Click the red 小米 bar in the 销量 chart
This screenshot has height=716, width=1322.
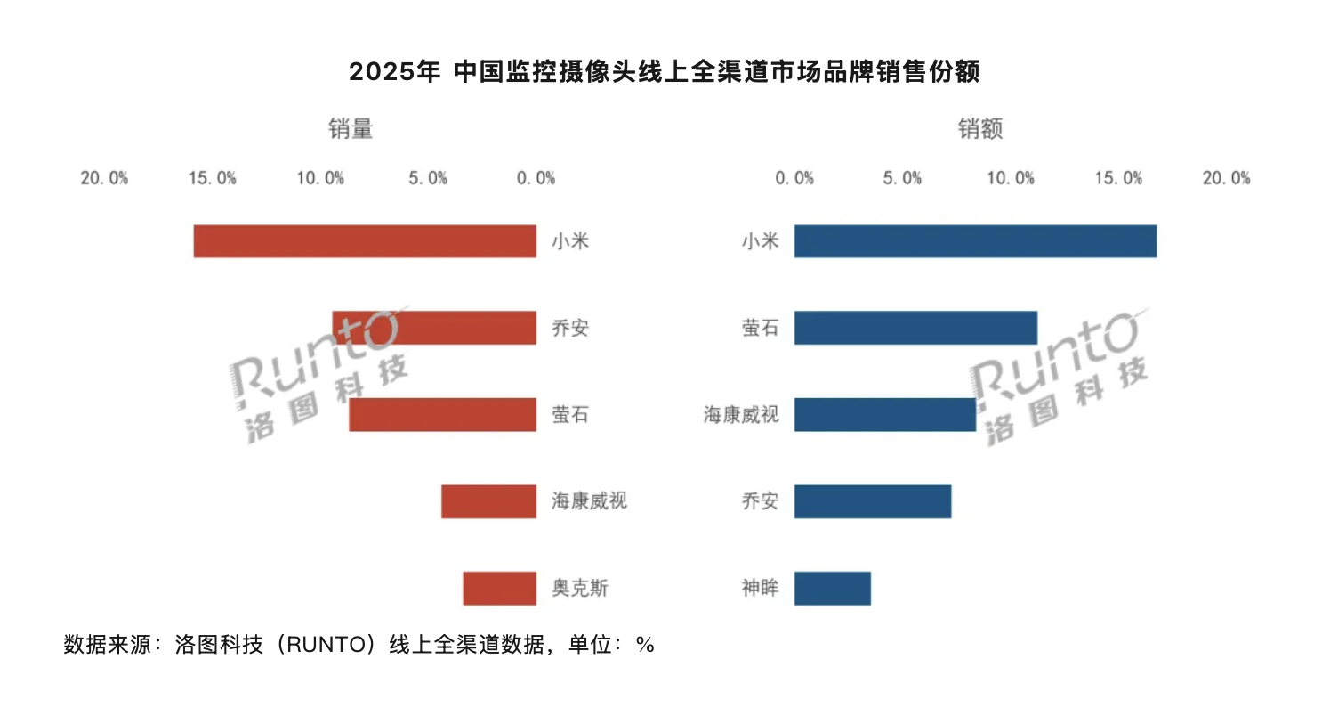[x=365, y=241]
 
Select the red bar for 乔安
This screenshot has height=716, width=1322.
[x=434, y=328]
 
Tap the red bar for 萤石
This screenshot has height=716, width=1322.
[x=442, y=415]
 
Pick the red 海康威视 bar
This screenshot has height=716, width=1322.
[x=488, y=501]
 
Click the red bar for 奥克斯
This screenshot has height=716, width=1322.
[x=499, y=589]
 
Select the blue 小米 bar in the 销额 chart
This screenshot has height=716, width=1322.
[x=975, y=241]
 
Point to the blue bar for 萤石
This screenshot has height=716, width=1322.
[x=915, y=328]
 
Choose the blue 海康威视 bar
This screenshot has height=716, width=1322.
[x=884, y=415]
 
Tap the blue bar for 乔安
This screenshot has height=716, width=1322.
[x=872, y=501]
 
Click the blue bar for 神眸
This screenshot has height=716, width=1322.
[x=832, y=589]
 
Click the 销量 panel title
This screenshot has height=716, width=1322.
[x=351, y=129]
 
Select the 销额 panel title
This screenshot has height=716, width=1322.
[x=980, y=129]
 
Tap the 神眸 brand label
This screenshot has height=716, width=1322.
[x=760, y=589]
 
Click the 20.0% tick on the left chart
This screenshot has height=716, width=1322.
[x=104, y=178]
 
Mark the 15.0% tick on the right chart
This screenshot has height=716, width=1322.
[x=1118, y=178]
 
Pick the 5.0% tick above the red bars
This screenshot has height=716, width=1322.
[x=428, y=178]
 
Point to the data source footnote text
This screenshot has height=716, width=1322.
[x=359, y=645]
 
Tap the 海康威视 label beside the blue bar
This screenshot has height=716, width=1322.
[x=741, y=415]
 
